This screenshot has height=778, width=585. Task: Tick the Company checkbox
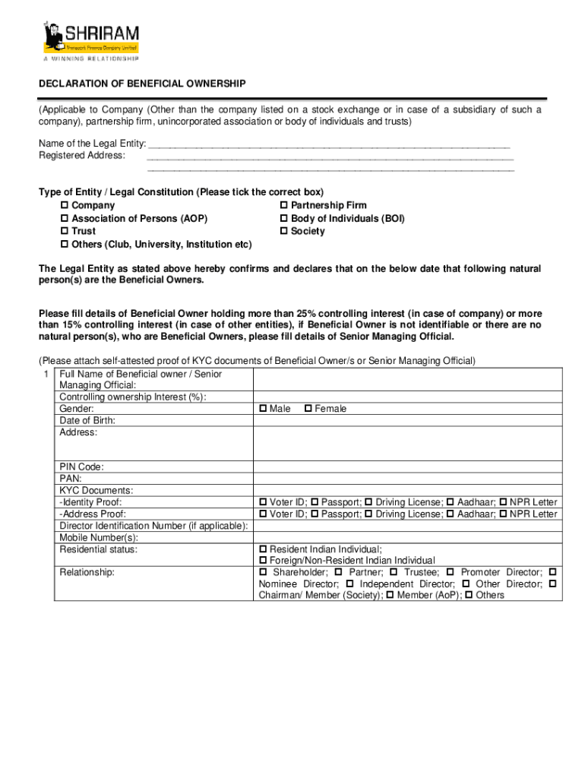64,206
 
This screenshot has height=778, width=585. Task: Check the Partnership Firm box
284,206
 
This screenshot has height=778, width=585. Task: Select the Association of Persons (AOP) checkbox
64,219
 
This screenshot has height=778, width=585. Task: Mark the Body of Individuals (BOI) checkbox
284,219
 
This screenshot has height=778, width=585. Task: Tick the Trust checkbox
64,232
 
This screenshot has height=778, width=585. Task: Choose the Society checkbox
284,232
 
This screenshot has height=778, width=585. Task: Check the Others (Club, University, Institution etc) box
64,245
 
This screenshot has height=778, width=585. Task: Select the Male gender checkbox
263,410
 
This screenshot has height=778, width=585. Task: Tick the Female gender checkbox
308,410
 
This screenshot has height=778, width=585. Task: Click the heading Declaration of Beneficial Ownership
142,84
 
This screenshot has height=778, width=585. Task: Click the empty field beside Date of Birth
407,420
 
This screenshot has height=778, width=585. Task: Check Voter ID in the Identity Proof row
263,503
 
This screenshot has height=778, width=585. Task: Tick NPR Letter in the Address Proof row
503,514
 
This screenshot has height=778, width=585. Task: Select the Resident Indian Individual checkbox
263,549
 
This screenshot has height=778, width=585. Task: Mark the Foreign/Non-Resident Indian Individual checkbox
263,561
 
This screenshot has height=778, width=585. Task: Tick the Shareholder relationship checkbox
264,572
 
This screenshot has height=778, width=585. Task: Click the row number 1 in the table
46,375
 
